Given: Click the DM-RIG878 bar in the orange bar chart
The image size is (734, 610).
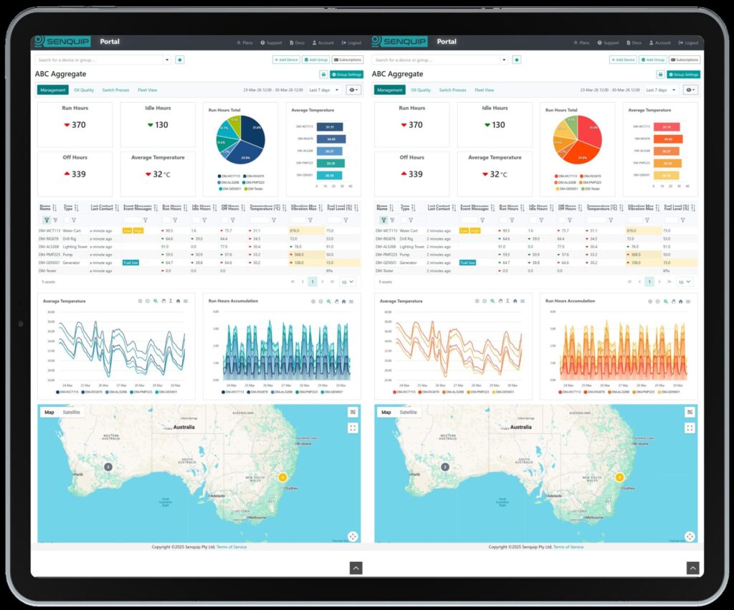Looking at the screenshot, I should (x=667, y=139).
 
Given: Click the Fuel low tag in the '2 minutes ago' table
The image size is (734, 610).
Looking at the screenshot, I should (x=468, y=263).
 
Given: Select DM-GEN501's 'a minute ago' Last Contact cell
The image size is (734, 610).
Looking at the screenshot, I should (x=101, y=263).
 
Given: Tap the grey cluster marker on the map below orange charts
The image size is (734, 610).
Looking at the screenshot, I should (x=445, y=466).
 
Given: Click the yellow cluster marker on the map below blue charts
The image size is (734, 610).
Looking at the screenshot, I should (x=282, y=477).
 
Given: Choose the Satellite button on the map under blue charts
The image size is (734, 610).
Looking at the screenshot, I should (x=72, y=412).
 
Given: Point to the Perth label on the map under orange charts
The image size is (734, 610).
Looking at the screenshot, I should (x=415, y=474).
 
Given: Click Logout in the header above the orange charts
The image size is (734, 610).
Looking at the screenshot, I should (x=689, y=43).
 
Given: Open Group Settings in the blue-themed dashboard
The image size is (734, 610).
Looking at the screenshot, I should (x=347, y=74).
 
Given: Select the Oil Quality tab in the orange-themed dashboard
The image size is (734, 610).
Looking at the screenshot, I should (x=421, y=90).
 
